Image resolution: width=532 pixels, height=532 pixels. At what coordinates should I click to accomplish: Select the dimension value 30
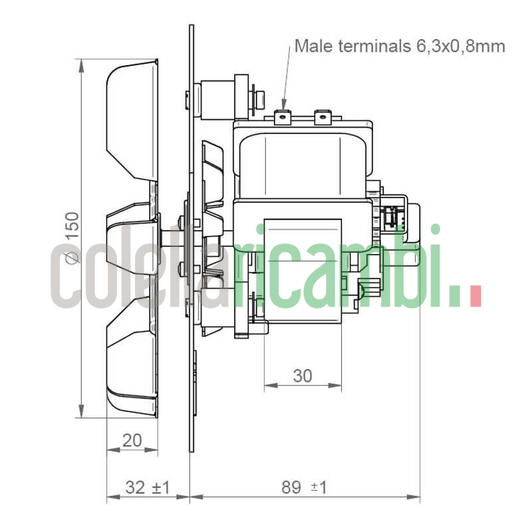pos(303,376)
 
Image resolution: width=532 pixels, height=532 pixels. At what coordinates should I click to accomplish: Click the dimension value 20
pos(132,440)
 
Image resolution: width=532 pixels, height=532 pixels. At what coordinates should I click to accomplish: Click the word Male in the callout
pos(313,46)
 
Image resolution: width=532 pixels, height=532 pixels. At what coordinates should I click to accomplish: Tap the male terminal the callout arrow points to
pos(283,117)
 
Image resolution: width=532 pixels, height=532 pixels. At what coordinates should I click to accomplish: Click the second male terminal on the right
pos(322,117)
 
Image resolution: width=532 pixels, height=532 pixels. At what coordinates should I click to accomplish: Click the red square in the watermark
pos(474,297)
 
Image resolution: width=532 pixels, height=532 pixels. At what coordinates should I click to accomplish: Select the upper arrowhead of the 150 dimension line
pos(81,64)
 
